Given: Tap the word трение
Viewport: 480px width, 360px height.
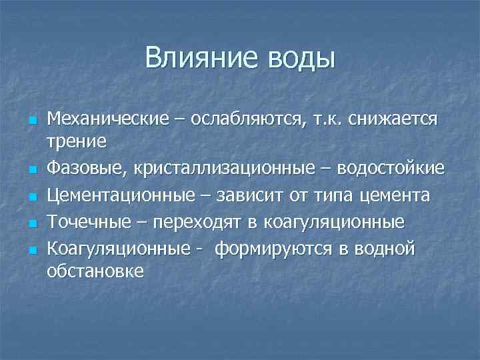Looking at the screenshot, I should point(77,141).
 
